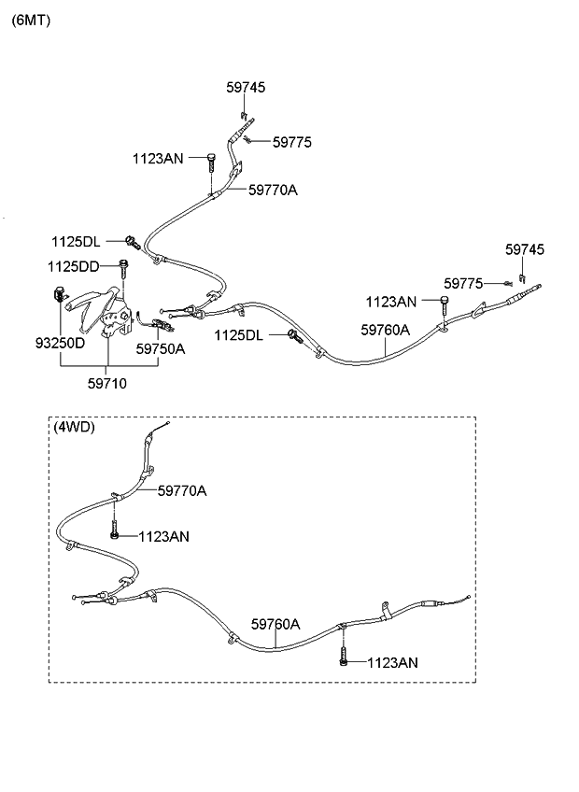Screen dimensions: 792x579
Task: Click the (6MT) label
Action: [x=31, y=20]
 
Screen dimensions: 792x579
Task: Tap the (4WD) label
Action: [x=75, y=427]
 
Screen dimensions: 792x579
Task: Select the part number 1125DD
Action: [x=74, y=266]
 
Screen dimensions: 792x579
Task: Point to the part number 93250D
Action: [x=61, y=342]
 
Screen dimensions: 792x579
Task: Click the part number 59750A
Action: [x=161, y=349]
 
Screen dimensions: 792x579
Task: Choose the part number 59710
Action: [x=108, y=382]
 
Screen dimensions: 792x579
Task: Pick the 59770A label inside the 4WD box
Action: [x=182, y=490]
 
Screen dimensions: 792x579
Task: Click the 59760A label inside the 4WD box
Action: [x=275, y=624]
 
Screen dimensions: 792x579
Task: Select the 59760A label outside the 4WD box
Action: [x=386, y=330]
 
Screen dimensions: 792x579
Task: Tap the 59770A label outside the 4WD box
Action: [x=274, y=190]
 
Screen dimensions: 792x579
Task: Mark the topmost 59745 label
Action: [x=246, y=87]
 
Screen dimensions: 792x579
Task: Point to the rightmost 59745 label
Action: [x=525, y=249]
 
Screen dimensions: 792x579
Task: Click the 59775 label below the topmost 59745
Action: [x=292, y=142]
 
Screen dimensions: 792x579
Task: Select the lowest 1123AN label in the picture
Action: [x=392, y=662]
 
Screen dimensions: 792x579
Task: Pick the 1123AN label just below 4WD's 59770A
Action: [x=164, y=536]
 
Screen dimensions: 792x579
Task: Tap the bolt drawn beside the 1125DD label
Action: [x=123, y=268]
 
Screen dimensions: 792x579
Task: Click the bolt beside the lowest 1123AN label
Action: [x=345, y=659]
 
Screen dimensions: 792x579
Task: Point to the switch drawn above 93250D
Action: [x=60, y=298]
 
